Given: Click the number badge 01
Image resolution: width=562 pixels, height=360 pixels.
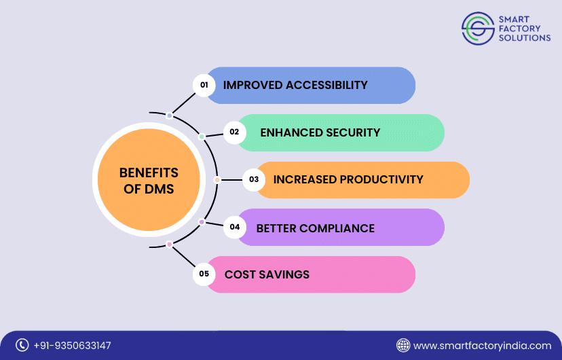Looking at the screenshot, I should pos(203,85).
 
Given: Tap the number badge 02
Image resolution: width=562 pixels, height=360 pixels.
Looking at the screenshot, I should pos(234,132).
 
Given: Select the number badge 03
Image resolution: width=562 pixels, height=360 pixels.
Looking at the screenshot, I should pos(254,180).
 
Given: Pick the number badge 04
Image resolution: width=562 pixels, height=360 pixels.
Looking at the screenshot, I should pos(235,227).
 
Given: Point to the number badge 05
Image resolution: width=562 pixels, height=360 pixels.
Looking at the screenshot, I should pos(204,274).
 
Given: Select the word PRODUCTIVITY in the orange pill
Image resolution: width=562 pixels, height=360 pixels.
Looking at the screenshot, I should pos(381,180).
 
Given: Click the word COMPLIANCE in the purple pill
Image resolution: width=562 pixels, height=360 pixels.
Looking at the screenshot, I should pos(337,228).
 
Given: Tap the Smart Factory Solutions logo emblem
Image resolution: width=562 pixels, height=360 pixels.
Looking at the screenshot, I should pos(478,29).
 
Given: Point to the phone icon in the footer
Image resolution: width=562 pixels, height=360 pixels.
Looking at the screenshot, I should pos(22,345).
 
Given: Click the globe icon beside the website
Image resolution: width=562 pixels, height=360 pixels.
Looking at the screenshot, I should pos(403,345).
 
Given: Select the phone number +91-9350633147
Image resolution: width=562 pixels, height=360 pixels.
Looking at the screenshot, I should pos(72,346).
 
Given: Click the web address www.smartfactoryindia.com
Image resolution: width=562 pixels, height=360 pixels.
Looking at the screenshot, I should pos(483,346).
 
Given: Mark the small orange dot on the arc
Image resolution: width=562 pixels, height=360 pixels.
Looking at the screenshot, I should pos(217,180).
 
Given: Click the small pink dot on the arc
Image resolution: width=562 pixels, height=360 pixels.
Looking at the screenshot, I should pos(169,244).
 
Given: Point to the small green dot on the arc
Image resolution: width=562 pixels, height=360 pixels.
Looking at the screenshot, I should pos(202,137).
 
